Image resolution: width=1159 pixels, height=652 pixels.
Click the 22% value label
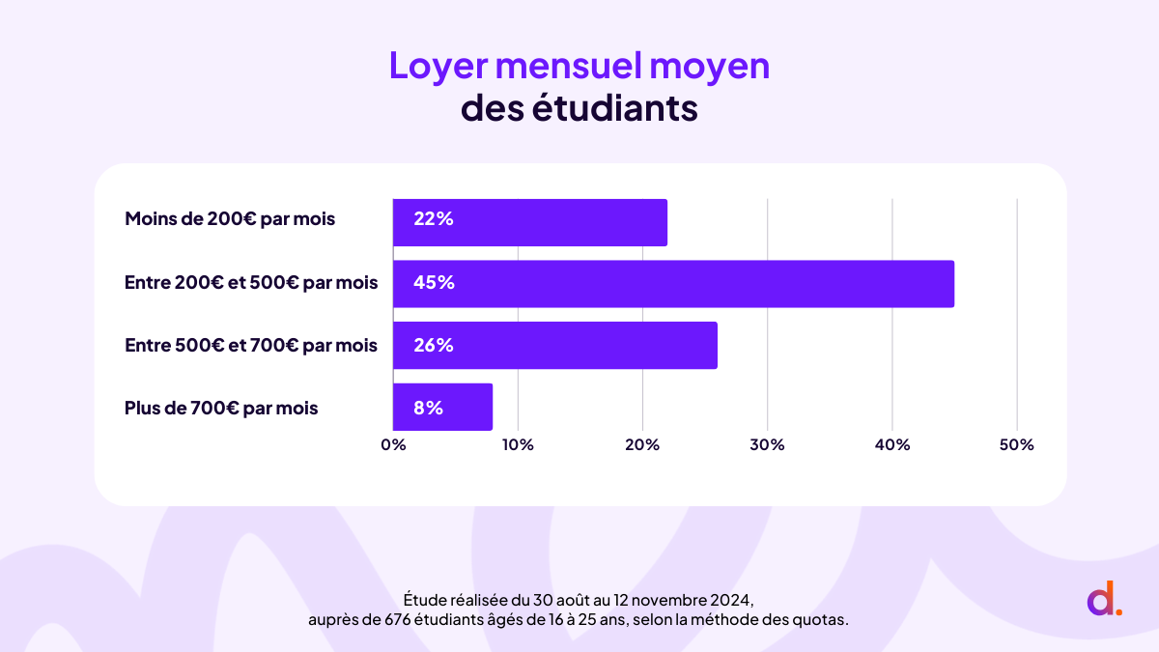tap(433, 219)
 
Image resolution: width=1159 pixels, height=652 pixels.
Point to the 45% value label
tap(434, 283)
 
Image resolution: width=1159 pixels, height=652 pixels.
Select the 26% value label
tap(434, 345)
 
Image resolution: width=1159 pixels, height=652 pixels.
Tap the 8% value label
tap(428, 408)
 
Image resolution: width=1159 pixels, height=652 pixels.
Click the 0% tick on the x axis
tap(393, 445)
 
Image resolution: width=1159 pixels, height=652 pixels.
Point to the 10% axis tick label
tap(518, 445)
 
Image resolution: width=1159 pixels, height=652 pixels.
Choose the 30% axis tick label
tap(767, 445)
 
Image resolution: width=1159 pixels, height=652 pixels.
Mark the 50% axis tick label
tap(1016, 445)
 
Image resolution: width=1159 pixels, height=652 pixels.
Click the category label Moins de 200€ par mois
tap(230, 219)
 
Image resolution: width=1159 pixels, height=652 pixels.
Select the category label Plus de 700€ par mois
tap(221, 409)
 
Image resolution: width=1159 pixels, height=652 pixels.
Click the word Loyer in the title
tap(434, 67)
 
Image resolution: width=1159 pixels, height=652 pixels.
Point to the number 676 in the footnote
tap(385, 620)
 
